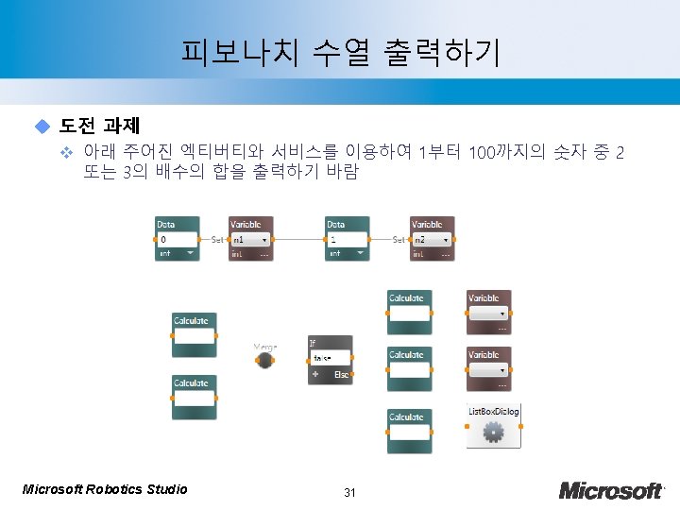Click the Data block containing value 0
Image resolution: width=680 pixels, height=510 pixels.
click(177, 239)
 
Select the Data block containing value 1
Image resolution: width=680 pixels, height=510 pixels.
click(347, 239)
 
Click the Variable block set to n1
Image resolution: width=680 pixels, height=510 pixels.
click(250, 239)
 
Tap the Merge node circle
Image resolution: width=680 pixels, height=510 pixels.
click(265, 360)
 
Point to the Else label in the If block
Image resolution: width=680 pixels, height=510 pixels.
click(342, 375)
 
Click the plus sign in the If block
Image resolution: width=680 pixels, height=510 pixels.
click(314, 375)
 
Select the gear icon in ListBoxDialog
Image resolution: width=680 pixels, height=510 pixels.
click(492, 432)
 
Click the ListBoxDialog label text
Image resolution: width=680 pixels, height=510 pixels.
click(493, 411)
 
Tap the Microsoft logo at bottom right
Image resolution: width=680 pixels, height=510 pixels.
click(611, 490)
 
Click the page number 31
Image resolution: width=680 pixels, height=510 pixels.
click(349, 492)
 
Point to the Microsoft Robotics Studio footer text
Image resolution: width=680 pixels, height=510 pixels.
click(105, 488)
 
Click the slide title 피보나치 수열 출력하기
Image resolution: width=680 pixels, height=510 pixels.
click(340, 53)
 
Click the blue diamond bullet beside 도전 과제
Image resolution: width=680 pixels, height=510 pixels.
click(41, 126)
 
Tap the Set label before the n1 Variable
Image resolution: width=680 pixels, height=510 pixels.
click(216, 240)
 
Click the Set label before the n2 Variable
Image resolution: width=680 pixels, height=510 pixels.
click(399, 240)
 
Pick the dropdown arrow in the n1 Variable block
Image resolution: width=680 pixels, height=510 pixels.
click(264, 240)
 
